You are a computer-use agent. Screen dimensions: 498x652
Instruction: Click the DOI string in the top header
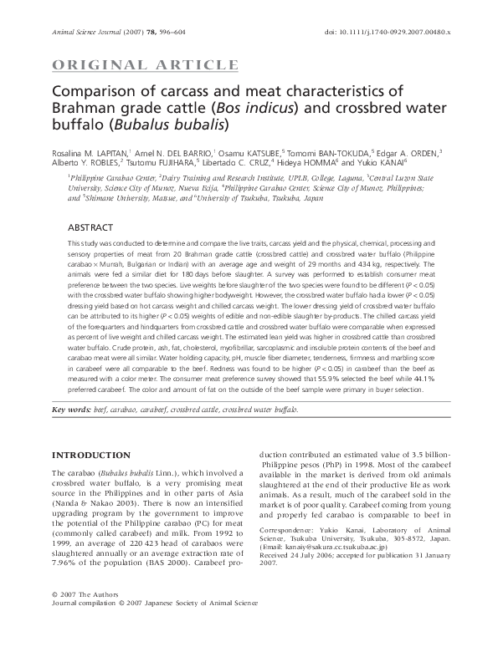[x=393, y=32]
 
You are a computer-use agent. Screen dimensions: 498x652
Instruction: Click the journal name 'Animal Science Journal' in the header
[x=84, y=32]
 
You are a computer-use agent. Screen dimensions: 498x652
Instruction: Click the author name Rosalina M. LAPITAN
[x=90, y=153]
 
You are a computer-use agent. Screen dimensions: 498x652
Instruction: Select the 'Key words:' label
[x=72, y=410]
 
